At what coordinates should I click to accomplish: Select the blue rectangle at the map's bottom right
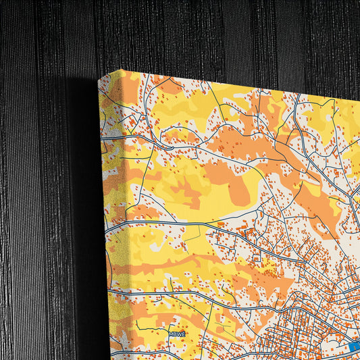354,346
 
